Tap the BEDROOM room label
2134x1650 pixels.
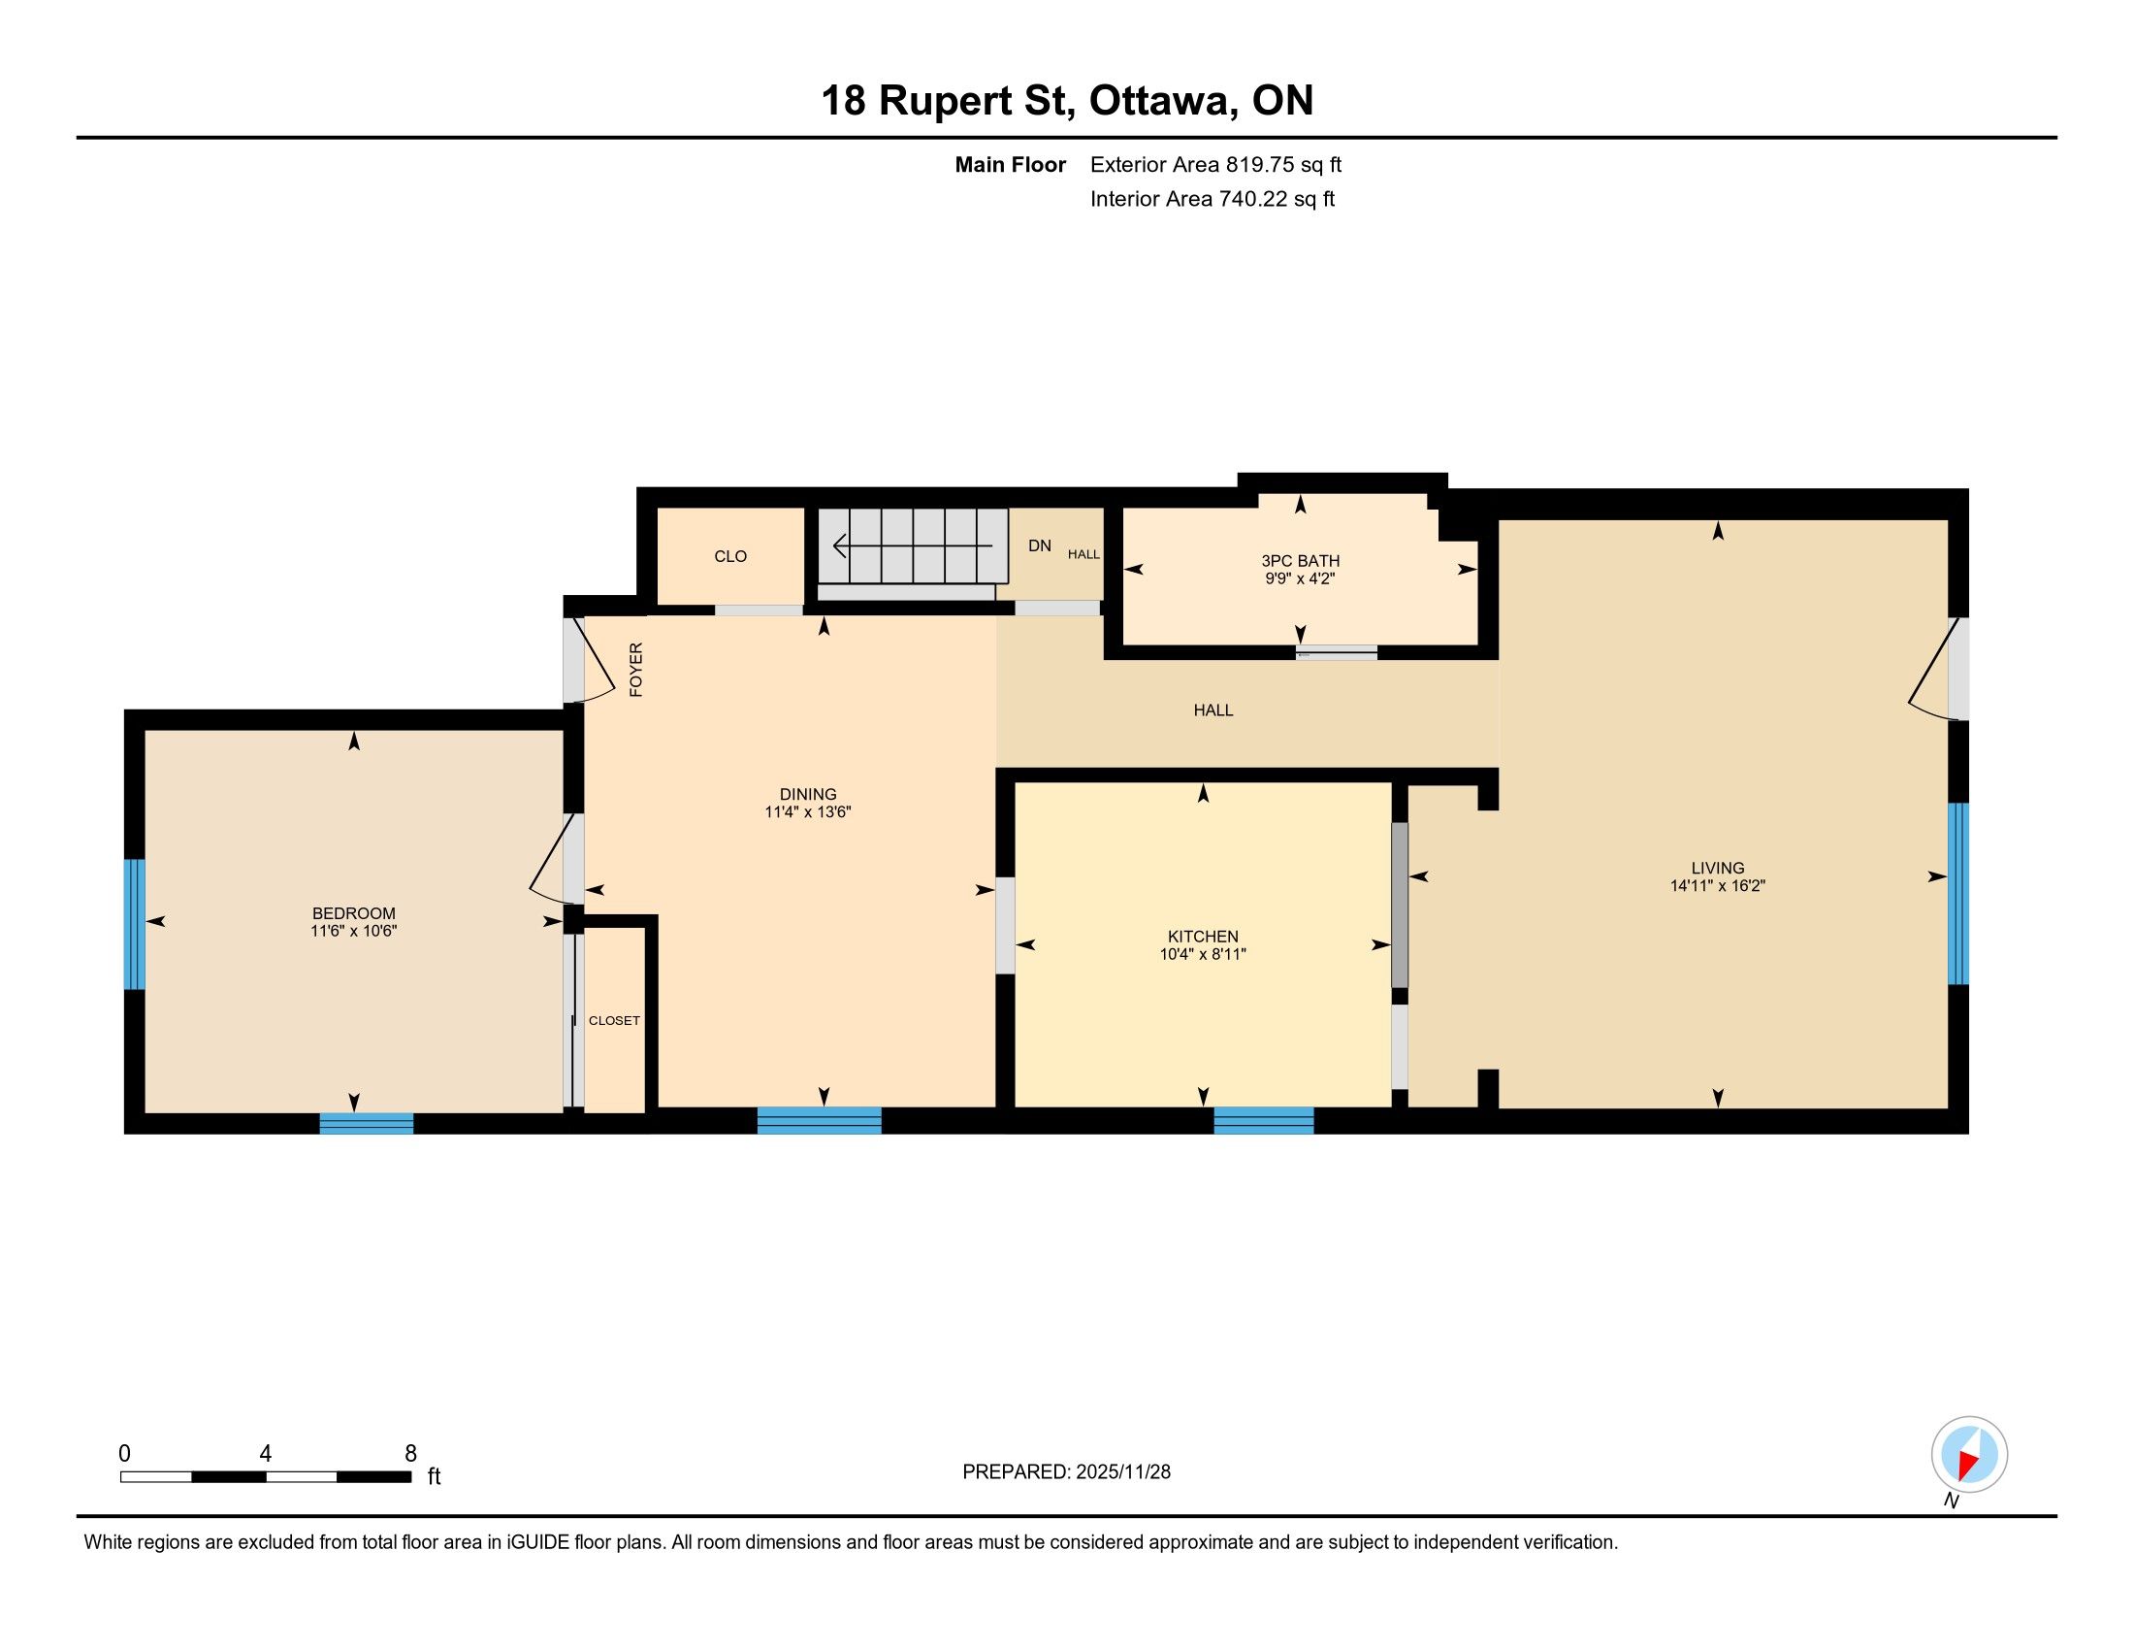point(354,913)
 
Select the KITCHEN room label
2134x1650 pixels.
point(1203,937)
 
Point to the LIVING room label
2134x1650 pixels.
point(1718,868)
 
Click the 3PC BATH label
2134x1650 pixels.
point(1300,561)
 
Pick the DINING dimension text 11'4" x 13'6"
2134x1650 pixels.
point(808,811)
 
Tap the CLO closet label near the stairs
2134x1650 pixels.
point(729,556)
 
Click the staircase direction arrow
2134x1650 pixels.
point(913,545)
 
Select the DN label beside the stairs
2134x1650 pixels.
point(1040,545)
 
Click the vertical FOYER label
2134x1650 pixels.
point(636,670)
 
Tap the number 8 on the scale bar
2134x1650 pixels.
point(410,1453)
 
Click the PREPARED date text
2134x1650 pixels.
point(1066,1472)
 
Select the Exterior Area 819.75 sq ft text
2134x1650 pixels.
point(1215,165)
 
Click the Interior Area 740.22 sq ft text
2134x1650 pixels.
point(1212,199)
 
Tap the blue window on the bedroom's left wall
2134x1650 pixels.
point(135,924)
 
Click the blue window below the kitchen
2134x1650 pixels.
point(1263,1120)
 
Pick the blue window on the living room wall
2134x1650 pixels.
point(1958,893)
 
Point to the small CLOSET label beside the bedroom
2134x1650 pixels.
point(615,1020)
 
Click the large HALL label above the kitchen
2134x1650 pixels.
point(1213,710)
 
